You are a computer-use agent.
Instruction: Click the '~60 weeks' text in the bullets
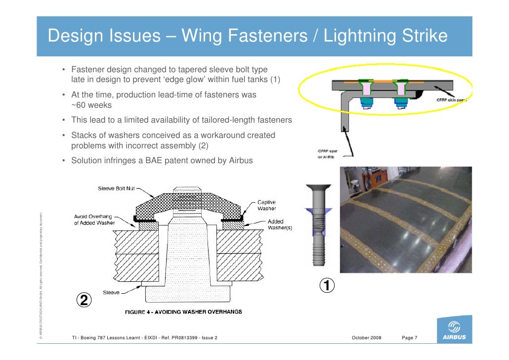(91, 105)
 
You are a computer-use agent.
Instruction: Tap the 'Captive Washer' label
(266, 205)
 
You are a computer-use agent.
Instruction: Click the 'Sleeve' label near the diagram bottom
(112, 292)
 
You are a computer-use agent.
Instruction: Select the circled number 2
(84, 300)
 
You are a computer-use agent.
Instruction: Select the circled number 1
(326, 286)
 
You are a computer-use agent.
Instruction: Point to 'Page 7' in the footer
(410, 338)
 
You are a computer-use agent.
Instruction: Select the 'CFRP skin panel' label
(451, 99)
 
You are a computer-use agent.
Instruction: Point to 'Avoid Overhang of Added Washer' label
(94, 219)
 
